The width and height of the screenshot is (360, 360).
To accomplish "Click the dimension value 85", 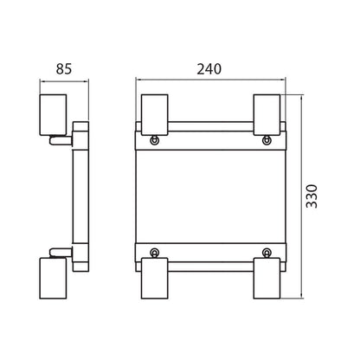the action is click(64, 69).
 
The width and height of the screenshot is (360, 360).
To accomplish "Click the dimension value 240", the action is click(209, 69).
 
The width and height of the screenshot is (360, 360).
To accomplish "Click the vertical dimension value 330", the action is click(312, 196).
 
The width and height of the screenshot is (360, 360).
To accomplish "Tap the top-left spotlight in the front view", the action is click(155, 115).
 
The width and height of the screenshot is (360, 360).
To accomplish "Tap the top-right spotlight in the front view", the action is click(267, 115).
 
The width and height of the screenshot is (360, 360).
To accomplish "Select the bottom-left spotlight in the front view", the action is click(155, 279).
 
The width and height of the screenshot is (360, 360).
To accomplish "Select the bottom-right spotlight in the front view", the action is click(267, 279).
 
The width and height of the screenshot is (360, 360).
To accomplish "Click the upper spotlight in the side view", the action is click(53, 115).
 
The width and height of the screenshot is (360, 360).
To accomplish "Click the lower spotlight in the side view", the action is click(53, 279).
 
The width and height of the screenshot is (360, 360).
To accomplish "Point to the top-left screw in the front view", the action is click(155, 140).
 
